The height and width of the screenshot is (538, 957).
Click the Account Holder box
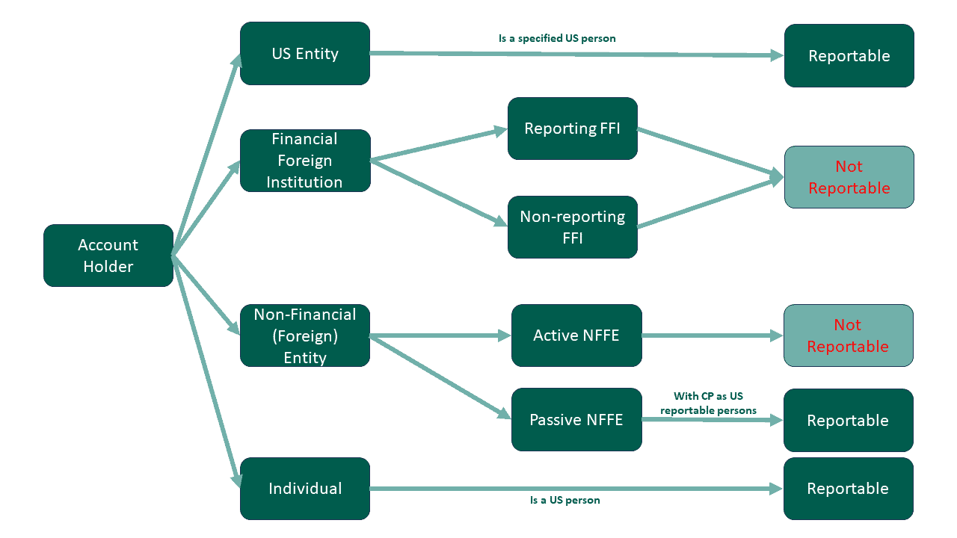click(108, 256)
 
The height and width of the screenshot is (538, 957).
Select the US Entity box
click(305, 54)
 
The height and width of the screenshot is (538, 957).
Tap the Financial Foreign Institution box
click(305, 161)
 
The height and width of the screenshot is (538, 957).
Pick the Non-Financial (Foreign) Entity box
click(305, 336)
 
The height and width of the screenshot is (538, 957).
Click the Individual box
click(305, 489)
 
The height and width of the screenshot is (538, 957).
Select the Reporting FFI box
click(573, 129)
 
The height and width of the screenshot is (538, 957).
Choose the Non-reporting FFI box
click(573, 227)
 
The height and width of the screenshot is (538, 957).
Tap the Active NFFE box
click(576, 336)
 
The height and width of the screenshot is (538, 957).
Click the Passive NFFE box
click(576, 420)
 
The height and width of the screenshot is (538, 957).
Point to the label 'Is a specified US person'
click(557, 38)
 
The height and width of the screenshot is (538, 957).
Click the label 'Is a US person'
click(564, 500)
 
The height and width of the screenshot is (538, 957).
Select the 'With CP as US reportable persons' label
click(708, 403)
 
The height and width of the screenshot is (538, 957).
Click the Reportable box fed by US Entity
click(849, 56)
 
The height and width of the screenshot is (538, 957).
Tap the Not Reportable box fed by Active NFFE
click(848, 336)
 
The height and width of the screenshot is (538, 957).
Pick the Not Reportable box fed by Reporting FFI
click(849, 177)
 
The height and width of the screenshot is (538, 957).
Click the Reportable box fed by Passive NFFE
click(848, 421)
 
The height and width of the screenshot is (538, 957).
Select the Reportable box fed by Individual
click(848, 489)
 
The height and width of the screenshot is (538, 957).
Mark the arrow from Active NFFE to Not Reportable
click(710, 336)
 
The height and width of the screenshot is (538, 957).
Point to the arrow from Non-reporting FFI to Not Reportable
click(707, 203)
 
